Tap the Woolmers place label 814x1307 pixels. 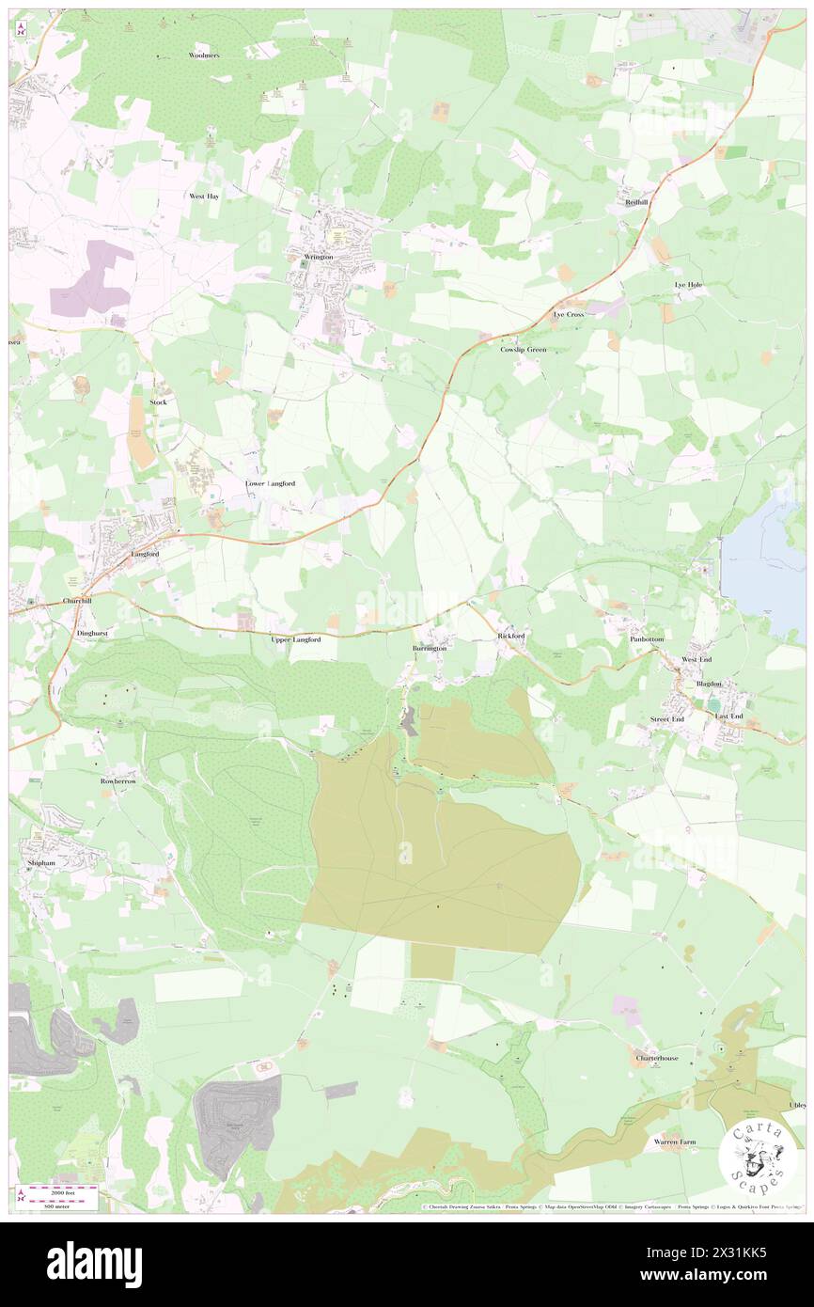tap(203, 55)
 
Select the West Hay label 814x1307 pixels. tap(204, 196)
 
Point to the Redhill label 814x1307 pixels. tap(637, 203)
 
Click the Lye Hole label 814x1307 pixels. tap(688, 284)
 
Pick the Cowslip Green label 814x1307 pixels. tap(523, 349)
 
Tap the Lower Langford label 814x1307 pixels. tap(271, 483)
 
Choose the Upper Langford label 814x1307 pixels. tap(296, 639)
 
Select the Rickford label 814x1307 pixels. tap(510, 637)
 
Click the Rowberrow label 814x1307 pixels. tap(119, 781)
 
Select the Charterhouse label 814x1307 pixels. tap(656, 1058)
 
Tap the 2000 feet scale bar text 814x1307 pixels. tap(64, 1191)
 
